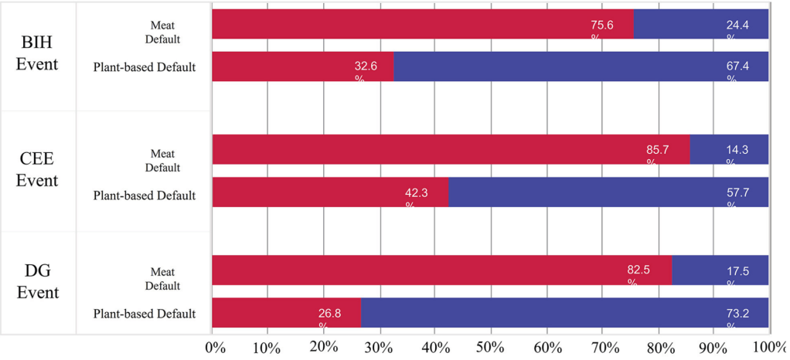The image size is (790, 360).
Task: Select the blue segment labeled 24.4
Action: [x=700, y=24]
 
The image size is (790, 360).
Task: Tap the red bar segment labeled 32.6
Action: [x=302, y=66]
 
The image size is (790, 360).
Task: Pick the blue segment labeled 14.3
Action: [x=728, y=149]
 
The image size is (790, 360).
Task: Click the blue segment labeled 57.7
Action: [x=608, y=192]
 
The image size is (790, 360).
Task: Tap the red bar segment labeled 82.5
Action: [x=441, y=270]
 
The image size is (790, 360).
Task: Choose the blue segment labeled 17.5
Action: [x=720, y=270]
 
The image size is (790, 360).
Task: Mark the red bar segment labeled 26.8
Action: [x=286, y=312]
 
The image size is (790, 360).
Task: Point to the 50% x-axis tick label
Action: [x=491, y=346]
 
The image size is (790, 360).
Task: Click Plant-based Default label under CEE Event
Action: [x=145, y=195]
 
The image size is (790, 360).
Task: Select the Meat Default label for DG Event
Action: [x=162, y=279]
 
